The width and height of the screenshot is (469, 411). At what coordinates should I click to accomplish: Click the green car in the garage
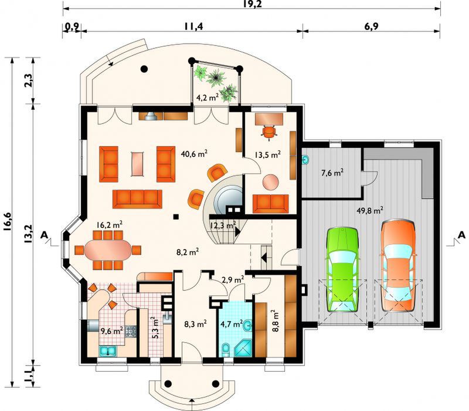[x=343, y=271]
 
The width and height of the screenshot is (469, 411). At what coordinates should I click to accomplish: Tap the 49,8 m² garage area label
[x=370, y=211]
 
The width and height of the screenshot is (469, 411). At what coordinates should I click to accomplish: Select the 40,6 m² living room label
[x=195, y=154]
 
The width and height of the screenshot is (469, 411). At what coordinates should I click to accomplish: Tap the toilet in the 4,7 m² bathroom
[x=226, y=350]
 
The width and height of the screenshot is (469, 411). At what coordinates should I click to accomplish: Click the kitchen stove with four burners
[x=131, y=331]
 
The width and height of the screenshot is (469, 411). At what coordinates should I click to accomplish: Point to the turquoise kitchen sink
[x=107, y=351]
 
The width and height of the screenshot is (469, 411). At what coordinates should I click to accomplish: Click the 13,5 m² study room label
[x=268, y=154]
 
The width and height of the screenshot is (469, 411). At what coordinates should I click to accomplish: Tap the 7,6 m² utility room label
[x=332, y=173]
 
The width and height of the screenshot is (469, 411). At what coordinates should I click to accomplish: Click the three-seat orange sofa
[x=137, y=199]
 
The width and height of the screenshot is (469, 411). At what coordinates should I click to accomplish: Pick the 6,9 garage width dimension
[x=371, y=26]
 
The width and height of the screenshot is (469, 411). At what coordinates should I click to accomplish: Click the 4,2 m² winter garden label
[x=207, y=97]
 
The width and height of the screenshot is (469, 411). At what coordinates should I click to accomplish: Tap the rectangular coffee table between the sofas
[x=138, y=164]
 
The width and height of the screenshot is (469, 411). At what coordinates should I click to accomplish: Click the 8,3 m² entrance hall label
[x=195, y=324]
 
